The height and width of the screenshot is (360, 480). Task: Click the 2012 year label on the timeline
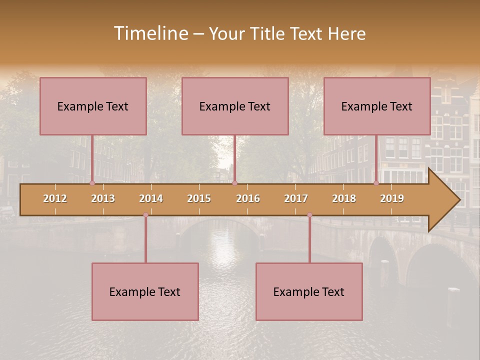[x=55, y=198]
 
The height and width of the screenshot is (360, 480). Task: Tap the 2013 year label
[x=103, y=198]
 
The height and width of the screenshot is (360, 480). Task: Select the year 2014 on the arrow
[x=151, y=198]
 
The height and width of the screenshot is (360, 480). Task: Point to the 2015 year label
[x=199, y=198]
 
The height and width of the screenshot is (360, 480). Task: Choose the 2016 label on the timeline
[x=248, y=198]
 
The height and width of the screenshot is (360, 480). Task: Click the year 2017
[x=296, y=198]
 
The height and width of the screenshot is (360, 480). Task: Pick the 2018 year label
[x=344, y=198]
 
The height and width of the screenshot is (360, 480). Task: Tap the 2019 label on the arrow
[x=392, y=198]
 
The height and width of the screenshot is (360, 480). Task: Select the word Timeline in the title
[x=150, y=33]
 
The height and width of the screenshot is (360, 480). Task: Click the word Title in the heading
[x=267, y=33]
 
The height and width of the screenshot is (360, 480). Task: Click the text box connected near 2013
[x=93, y=106]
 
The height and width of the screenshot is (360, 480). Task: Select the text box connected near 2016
[x=235, y=106]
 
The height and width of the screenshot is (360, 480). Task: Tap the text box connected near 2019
[x=377, y=106]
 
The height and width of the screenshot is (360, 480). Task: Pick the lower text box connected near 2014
[x=145, y=291]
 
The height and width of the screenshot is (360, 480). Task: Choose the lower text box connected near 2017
[x=309, y=291]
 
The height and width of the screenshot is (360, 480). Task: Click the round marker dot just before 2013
[x=92, y=183]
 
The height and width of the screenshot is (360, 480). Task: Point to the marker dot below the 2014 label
[x=145, y=215]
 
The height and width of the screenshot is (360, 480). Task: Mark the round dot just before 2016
[x=234, y=183]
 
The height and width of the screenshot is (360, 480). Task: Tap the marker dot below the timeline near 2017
[x=309, y=215]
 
